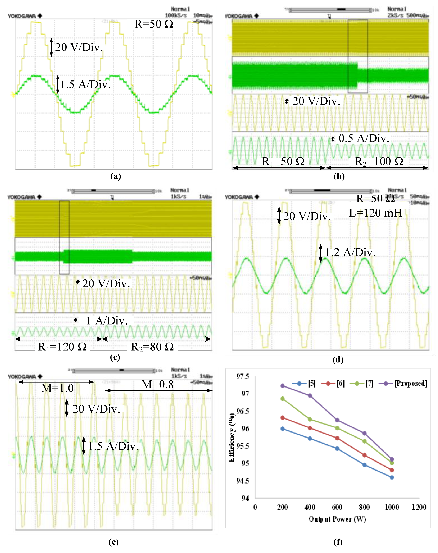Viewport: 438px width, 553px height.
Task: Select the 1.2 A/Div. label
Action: pyautogui.click(x=350, y=252)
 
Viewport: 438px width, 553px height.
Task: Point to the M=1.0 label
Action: pyautogui.click(x=58, y=388)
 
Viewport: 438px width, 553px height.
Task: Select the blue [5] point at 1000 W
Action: pyautogui.click(x=392, y=477)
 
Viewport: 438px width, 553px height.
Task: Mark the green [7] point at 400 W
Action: pyautogui.click(x=310, y=419)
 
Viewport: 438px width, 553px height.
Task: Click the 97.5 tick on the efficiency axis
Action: pyautogui.click(x=243, y=377)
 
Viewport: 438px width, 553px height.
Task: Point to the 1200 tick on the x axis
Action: pyautogui.click(x=419, y=507)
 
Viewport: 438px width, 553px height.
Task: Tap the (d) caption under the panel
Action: pyautogui.click(x=338, y=360)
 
